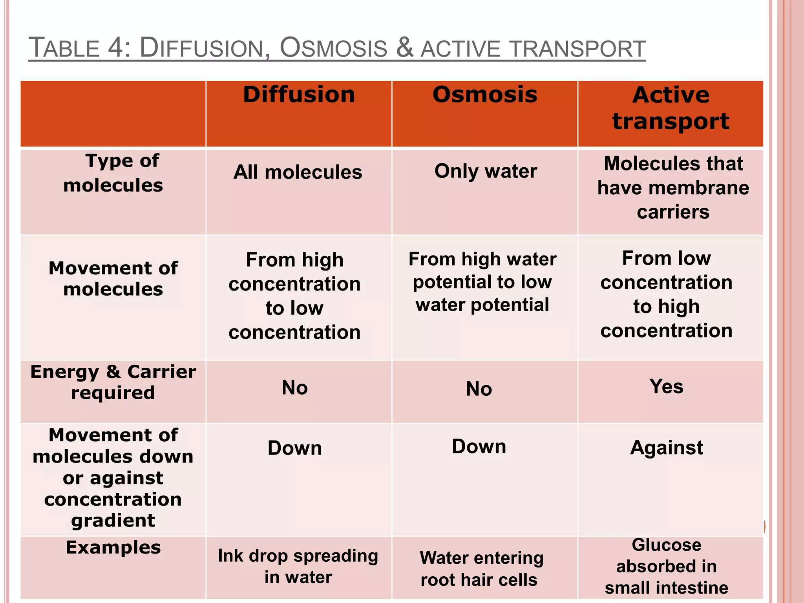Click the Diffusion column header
(x=299, y=95)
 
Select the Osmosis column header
(x=485, y=95)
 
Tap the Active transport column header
(x=671, y=108)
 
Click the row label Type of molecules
(x=113, y=173)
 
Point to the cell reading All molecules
(x=298, y=172)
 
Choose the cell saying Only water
(x=486, y=171)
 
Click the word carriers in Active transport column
(x=673, y=212)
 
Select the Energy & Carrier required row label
(x=113, y=382)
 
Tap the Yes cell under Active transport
(x=666, y=386)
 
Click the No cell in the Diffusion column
(x=295, y=388)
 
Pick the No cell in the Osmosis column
(x=479, y=389)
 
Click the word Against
(x=666, y=448)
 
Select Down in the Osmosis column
(x=479, y=447)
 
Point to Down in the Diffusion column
(x=295, y=448)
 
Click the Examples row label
(x=113, y=547)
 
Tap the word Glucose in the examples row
(x=666, y=545)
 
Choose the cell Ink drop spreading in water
(x=298, y=566)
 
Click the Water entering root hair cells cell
(x=481, y=568)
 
